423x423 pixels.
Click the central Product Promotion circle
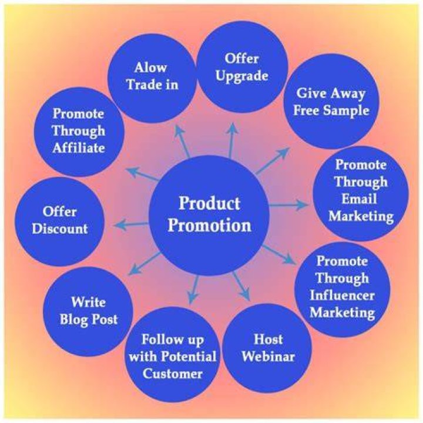coord(209,215)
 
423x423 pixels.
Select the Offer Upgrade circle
coord(242,67)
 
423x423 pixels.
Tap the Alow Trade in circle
coord(152,78)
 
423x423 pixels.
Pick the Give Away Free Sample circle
coord(331,101)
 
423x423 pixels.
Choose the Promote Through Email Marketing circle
coord(361,193)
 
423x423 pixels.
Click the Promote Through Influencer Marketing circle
coord(343,290)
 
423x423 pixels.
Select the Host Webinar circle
coord(268,347)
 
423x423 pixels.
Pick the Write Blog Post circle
coord(88,311)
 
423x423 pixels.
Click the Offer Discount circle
coord(59,221)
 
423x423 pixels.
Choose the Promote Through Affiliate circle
coord(79,132)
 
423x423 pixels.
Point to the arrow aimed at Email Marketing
coord(288,205)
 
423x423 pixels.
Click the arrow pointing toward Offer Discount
coord(131,224)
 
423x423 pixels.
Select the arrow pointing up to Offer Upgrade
coord(231,140)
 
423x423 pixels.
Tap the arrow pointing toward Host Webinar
coord(241,287)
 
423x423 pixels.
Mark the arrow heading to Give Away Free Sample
coord(273,161)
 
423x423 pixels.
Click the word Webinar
coord(268,357)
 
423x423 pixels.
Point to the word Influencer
coord(342,296)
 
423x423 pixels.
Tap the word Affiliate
coord(79,148)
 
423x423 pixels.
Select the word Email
coord(359,199)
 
